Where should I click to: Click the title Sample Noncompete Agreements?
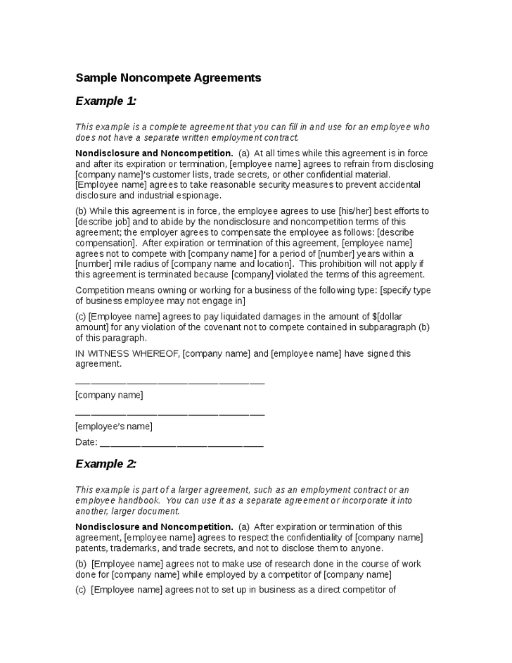[168, 78]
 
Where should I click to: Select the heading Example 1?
[105, 101]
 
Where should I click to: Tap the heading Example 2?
[105, 464]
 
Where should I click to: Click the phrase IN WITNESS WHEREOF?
[127, 353]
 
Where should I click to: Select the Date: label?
[86, 442]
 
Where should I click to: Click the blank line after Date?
[182, 443]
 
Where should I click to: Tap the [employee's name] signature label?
[113, 426]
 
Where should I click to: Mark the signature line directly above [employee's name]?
[169, 413]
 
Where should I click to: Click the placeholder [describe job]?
[103, 222]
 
